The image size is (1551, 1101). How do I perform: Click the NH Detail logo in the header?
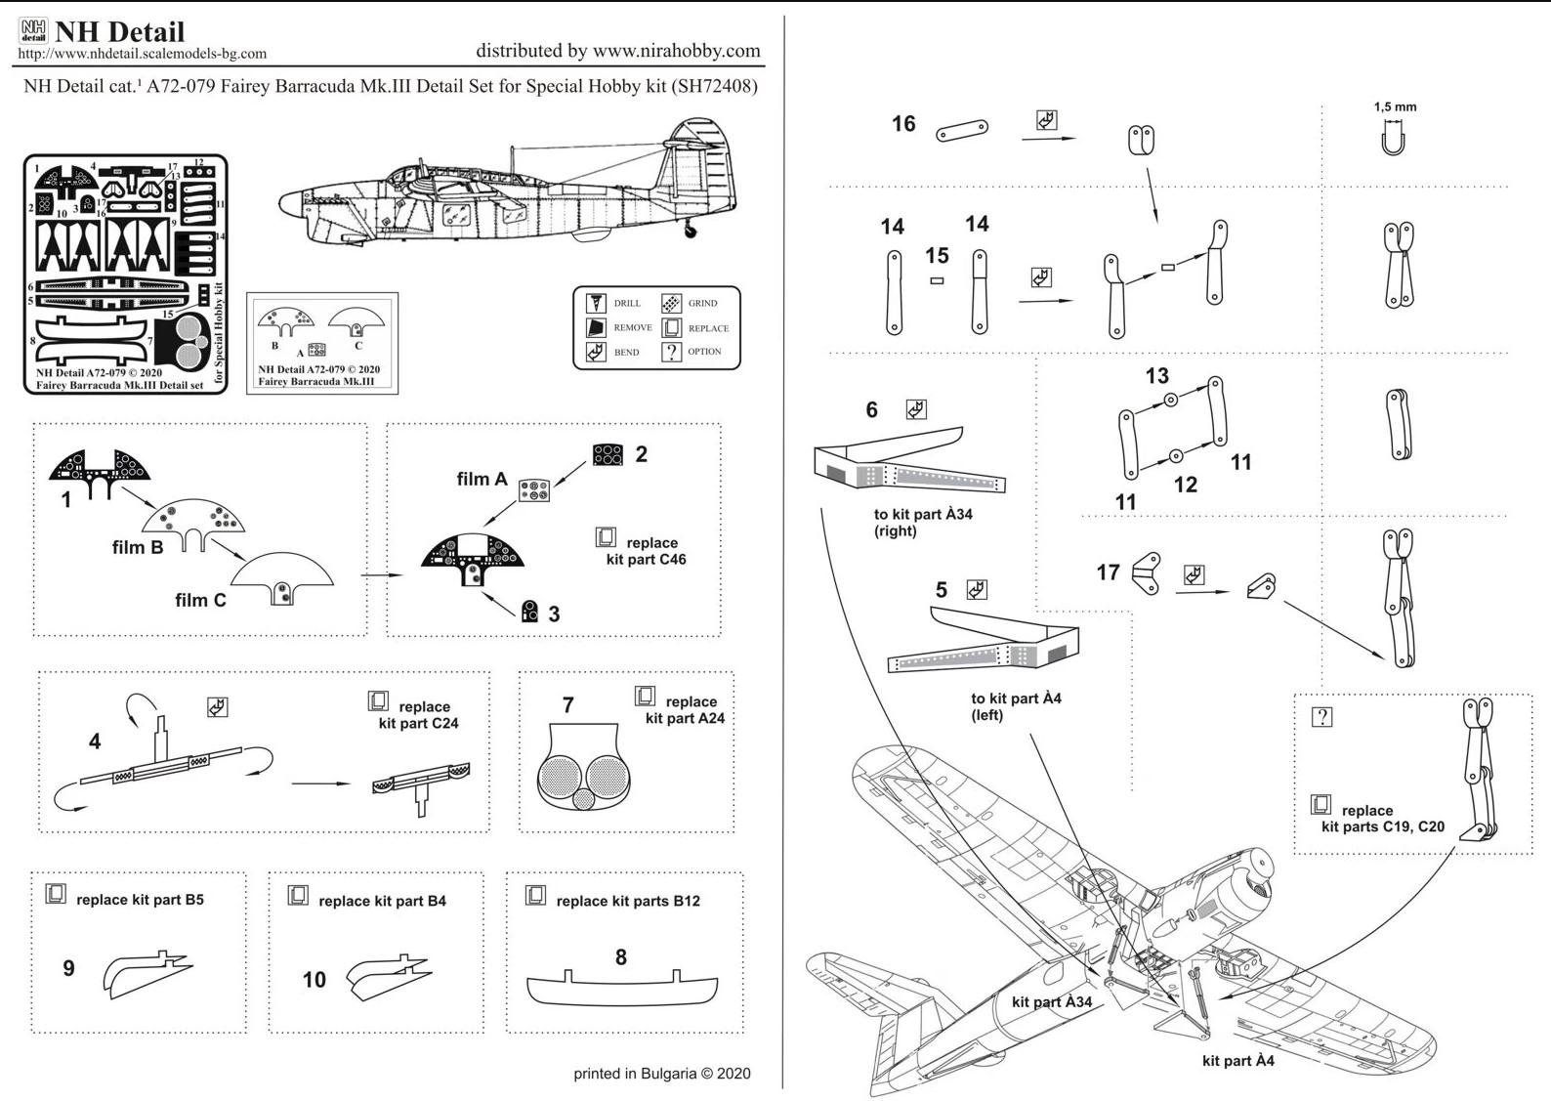coord(33,30)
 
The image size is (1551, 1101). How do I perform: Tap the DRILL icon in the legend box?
coord(596,303)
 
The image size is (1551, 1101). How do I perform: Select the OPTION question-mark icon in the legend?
coord(672,352)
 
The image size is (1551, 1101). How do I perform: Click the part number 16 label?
coord(903,124)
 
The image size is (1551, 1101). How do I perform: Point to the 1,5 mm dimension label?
coord(1395,106)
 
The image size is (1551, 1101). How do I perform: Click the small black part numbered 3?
coord(529,612)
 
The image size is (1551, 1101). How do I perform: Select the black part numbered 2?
coord(608,454)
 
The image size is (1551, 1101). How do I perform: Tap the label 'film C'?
coord(200,600)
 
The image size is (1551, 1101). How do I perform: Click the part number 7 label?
coord(567,704)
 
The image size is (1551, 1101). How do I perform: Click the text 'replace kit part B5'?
coord(140,900)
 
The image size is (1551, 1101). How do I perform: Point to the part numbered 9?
coord(147,974)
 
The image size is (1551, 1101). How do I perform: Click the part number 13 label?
coord(1156,376)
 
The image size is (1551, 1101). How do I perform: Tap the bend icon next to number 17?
coord(1194,574)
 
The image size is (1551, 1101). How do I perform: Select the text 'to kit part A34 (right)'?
coord(922,523)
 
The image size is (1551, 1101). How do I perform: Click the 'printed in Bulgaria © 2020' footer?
coord(661,1074)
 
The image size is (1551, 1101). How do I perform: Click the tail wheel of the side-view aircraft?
coord(692,232)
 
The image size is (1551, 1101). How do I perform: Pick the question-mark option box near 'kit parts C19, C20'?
coord(1321,717)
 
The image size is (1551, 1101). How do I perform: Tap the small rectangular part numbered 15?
coord(937,281)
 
